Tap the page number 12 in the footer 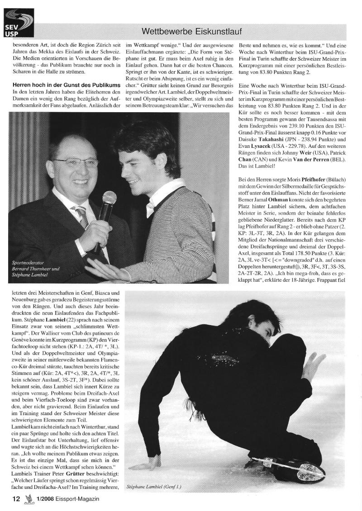click(16, 499)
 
